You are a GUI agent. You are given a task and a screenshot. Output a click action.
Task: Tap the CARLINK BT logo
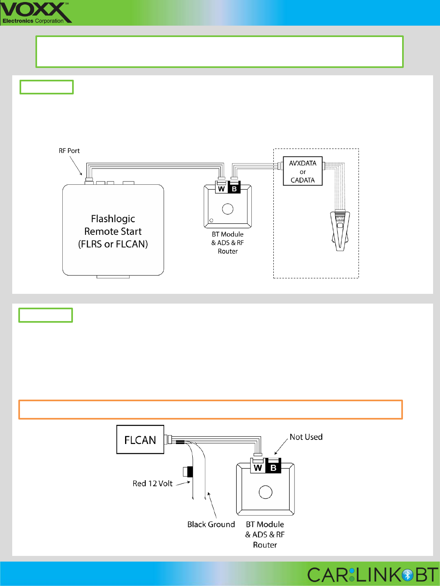(x=372, y=575)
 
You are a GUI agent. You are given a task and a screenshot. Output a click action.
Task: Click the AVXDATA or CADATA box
(x=303, y=171)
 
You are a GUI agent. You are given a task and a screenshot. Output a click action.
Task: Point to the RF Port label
(x=69, y=151)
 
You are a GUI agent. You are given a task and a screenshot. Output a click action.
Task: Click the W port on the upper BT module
(x=221, y=189)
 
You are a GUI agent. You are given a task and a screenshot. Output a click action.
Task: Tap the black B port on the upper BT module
(x=234, y=189)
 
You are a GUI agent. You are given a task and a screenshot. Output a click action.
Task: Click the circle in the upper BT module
(x=228, y=209)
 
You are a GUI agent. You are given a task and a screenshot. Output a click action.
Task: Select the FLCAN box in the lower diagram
(x=140, y=439)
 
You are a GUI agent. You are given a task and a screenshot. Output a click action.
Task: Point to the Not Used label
(x=306, y=437)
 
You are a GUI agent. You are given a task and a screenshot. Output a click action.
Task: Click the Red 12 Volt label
(x=152, y=483)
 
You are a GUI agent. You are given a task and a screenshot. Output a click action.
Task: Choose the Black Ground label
(x=211, y=524)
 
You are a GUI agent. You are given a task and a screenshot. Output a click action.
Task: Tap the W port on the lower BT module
(x=257, y=468)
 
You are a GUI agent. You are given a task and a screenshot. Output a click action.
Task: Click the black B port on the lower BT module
(x=273, y=468)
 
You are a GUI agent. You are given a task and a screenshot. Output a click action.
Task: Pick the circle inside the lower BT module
(x=266, y=492)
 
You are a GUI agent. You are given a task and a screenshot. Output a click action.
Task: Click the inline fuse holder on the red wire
(x=188, y=472)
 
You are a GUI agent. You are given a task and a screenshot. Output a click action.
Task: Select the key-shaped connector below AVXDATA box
(x=340, y=230)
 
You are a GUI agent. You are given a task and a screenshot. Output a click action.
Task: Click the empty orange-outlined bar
(x=210, y=409)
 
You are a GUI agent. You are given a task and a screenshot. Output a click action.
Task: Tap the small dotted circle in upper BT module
(x=211, y=221)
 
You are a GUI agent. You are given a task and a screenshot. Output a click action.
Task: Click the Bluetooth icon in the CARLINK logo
(x=407, y=575)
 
